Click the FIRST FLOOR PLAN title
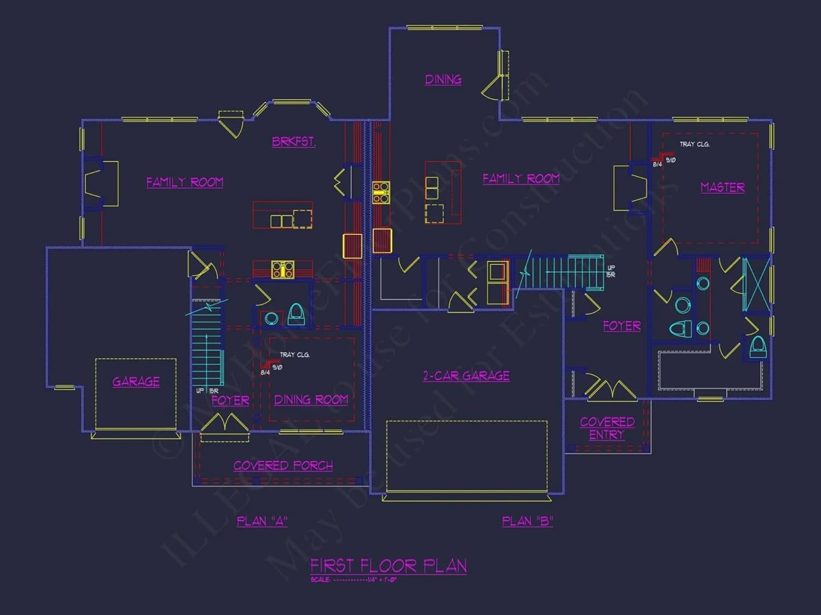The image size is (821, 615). point(388,565)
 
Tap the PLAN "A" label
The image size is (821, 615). point(262,521)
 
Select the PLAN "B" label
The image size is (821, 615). point(527,521)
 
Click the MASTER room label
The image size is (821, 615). point(722,188)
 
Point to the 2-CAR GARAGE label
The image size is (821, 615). point(466,376)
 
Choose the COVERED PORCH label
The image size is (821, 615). point(283,465)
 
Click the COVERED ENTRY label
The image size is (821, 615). point(607,428)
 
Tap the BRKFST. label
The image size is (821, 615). point(293,142)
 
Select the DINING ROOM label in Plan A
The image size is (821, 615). point(311,400)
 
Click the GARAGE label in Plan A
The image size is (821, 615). point(136,381)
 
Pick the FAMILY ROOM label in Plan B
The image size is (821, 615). point(521,179)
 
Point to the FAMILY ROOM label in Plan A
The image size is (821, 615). point(184,182)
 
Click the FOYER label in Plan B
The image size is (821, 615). point(621,326)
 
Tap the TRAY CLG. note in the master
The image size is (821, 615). point(694,144)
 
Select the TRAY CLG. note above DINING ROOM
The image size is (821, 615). point(294,355)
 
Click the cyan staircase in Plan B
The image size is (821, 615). point(564,271)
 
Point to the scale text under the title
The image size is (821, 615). point(353,579)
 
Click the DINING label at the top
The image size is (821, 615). point(443,79)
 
